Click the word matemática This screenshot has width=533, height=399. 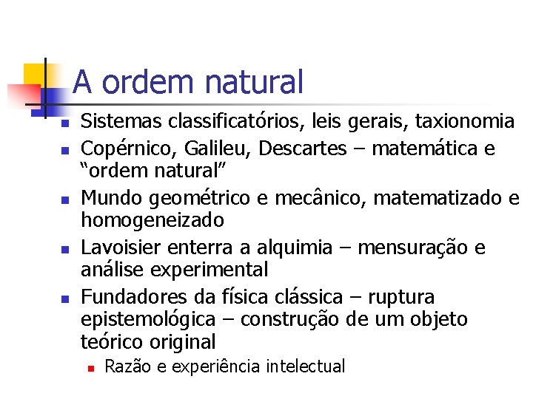[x=419, y=149]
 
